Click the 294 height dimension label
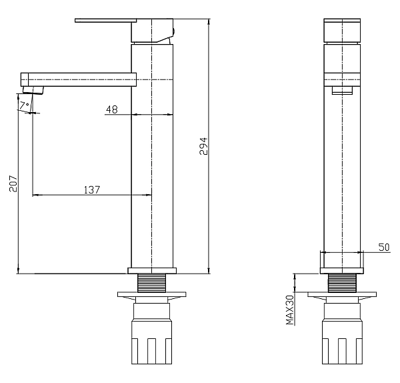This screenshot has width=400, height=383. tap(203, 146)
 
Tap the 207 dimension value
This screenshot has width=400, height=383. tap(13, 183)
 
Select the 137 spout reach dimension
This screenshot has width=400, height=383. tap(92, 189)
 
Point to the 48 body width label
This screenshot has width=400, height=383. tap(112, 109)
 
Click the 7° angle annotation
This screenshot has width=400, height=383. tap(25, 105)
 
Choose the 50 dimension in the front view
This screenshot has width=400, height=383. tap(384, 247)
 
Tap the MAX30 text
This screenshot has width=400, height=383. tap(290, 310)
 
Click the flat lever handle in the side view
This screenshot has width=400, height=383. tap(105, 21)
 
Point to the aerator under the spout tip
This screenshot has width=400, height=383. tap(33, 90)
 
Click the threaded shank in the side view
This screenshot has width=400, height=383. tap(152, 283)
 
